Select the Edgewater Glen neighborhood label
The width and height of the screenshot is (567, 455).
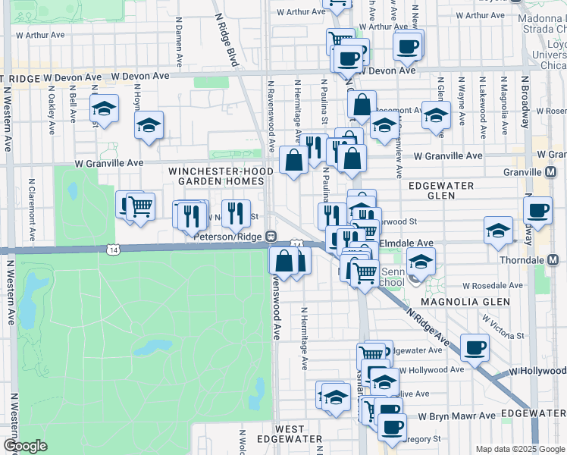pos(441,190)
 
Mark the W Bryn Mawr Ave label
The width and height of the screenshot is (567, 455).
pos(454,416)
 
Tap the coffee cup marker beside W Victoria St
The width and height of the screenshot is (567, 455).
pos(475,347)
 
